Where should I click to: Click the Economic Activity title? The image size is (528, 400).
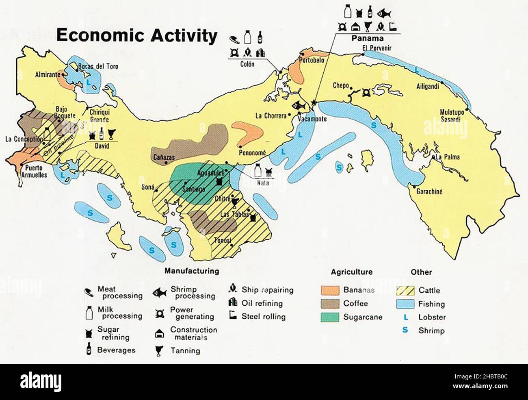point(136,35)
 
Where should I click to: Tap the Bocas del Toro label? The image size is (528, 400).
point(98,66)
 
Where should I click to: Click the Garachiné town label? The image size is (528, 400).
point(429,191)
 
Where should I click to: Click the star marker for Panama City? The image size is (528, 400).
point(314,102)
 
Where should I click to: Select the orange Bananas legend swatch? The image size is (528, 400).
point(330,290)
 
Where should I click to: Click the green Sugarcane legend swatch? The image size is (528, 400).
point(330,317)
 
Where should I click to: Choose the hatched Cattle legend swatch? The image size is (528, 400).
point(405,290)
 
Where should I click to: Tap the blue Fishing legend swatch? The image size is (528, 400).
point(405,304)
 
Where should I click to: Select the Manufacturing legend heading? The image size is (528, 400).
point(192,271)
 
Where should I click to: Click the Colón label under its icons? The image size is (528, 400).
point(247,64)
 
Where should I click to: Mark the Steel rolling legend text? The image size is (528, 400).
point(264,316)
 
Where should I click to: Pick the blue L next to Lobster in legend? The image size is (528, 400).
point(405,317)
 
